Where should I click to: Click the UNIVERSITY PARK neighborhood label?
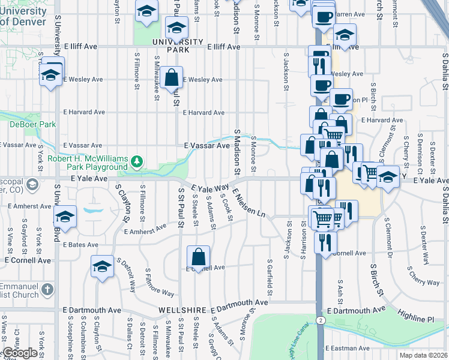pos(170,46)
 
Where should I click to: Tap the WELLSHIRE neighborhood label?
pos(183,310)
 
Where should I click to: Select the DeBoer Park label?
pos(32,125)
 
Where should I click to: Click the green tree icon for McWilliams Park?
pos(137,161)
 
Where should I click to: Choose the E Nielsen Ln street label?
pos(249,203)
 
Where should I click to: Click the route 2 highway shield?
pos(322,321)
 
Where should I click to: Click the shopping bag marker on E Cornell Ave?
pos(198,258)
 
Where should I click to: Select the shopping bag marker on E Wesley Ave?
pos(171,77)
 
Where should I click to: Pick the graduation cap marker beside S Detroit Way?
pos(103,266)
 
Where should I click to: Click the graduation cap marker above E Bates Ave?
pos(65,217)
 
